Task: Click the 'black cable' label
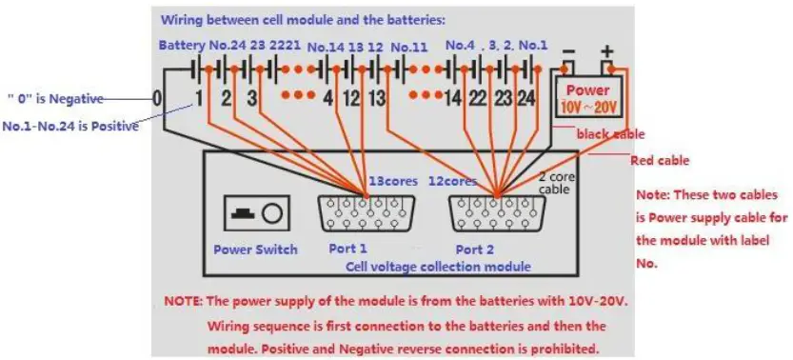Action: click(x=610, y=134)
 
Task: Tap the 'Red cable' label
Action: click(x=660, y=161)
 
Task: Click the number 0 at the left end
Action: click(x=157, y=97)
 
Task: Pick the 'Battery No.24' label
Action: click(x=202, y=45)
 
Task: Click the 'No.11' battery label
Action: click(x=409, y=45)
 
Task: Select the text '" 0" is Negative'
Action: click(x=54, y=98)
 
